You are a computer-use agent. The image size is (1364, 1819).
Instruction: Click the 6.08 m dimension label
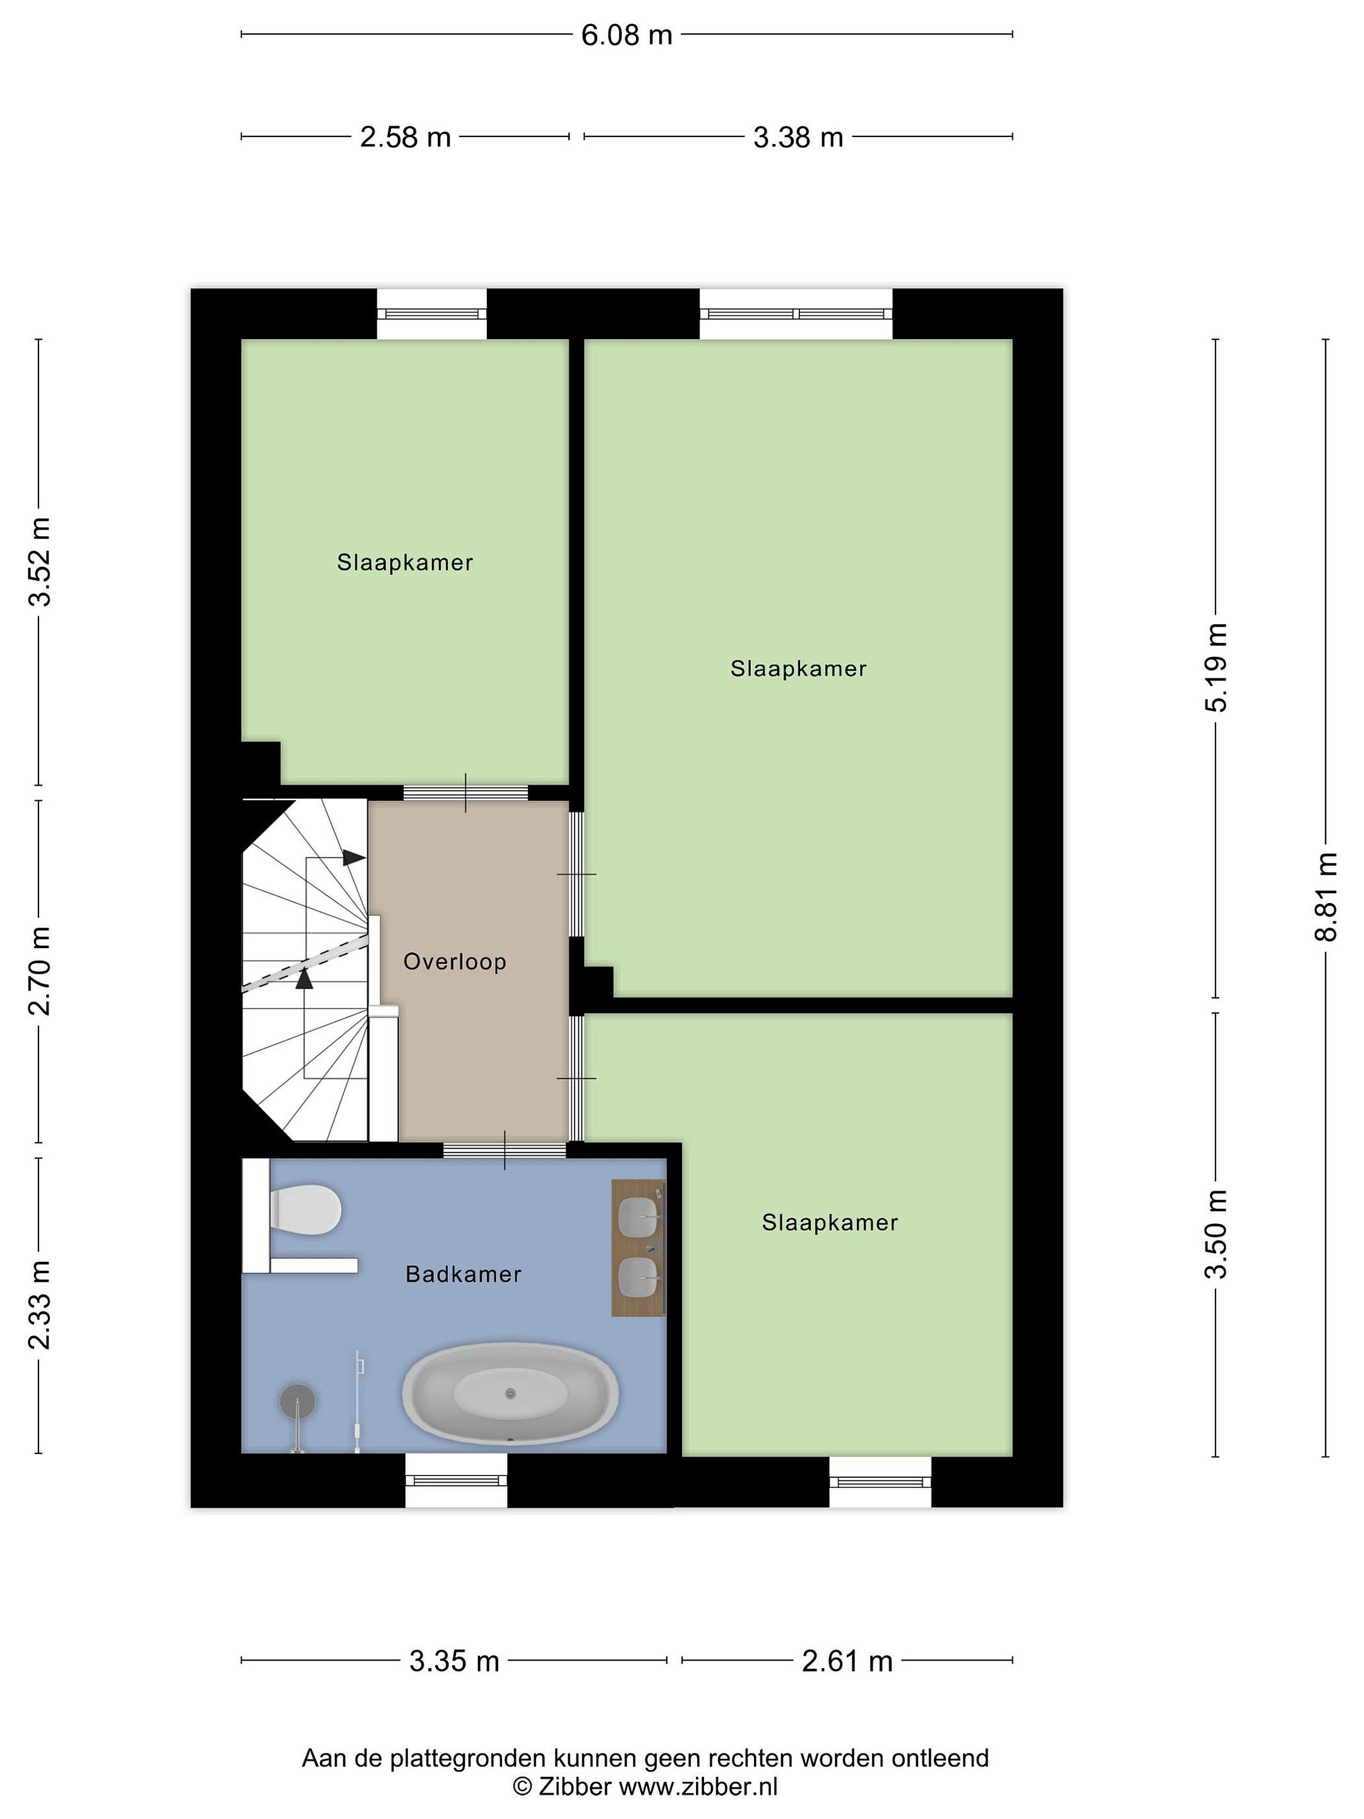click(x=626, y=35)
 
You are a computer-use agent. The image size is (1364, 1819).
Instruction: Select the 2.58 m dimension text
click(x=405, y=137)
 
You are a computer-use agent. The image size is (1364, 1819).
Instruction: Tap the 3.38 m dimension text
click(x=798, y=137)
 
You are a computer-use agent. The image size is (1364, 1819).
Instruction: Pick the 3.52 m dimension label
click(x=39, y=561)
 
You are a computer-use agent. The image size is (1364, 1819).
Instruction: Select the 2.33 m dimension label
click(x=39, y=1305)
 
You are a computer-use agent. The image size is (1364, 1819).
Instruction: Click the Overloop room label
click(x=455, y=961)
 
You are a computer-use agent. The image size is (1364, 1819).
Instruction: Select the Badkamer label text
click(x=464, y=1275)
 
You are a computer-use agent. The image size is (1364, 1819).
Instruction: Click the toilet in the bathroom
click(x=304, y=1210)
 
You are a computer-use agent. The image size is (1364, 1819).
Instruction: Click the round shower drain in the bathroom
click(x=297, y=1400)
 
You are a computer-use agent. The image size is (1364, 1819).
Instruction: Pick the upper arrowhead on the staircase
click(x=354, y=857)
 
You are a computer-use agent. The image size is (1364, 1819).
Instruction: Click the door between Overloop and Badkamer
click(x=505, y=1150)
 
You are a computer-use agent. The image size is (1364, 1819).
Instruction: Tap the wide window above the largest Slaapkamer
click(x=796, y=313)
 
